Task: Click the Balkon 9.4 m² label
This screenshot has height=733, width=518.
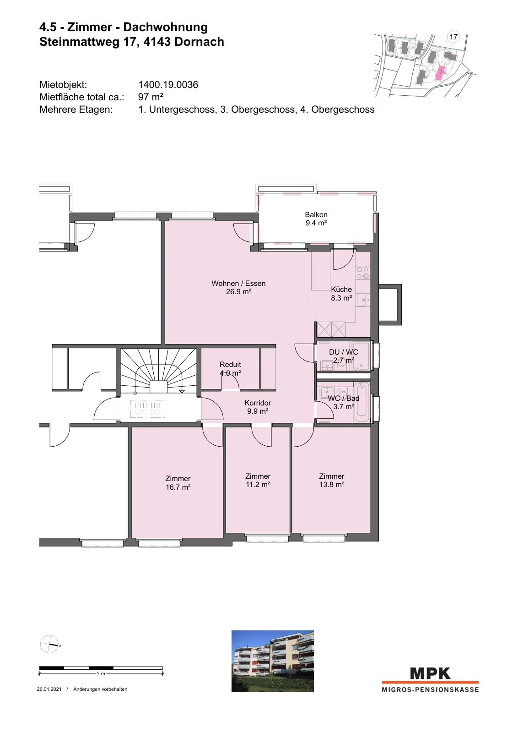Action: [x=316, y=219]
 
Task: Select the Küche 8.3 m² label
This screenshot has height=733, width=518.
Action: [x=341, y=294]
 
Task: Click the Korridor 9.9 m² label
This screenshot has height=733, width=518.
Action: [x=258, y=407]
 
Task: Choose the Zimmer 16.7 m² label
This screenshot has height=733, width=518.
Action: [x=178, y=483]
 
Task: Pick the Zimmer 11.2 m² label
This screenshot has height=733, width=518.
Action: [x=258, y=481]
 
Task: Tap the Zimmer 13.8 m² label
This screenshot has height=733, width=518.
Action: [x=332, y=481]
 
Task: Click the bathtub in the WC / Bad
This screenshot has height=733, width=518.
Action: [x=362, y=403]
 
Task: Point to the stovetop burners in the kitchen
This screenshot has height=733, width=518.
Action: [x=363, y=273]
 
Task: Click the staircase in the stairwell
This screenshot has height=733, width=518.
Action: [x=158, y=371]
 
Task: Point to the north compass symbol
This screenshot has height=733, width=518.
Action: [x=50, y=644]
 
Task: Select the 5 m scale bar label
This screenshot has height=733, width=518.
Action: [x=101, y=674]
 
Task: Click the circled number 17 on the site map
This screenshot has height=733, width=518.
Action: [x=453, y=37]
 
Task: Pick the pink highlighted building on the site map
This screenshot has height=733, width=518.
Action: [x=441, y=73]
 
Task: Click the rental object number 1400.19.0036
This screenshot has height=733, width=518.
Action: [x=168, y=85]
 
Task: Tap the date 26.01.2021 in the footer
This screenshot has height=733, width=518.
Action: [x=49, y=689]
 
